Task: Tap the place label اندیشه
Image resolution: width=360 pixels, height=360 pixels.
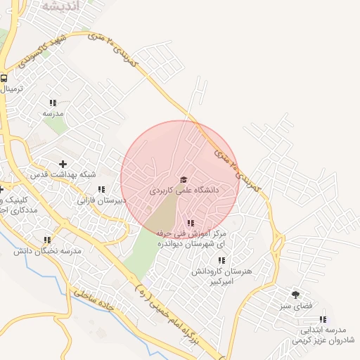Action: pyautogui.click(x=62, y=6)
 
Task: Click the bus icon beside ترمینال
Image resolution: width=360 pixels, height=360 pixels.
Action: pyautogui.click(x=4, y=79)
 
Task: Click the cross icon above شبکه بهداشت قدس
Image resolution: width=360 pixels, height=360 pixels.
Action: pyautogui.click(x=63, y=164)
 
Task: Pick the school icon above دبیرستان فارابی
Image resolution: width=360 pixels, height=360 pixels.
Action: pyautogui.click(x=101, y=189)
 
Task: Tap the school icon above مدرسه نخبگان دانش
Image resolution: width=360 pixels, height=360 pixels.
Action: pyautogui.click(x=47, y=240)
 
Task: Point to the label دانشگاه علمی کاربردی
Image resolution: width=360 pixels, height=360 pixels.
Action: pyautogui.click(x=184, y=191)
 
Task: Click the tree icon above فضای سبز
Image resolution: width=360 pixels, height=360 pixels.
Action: pyautogui.click(x=295, y=295)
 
